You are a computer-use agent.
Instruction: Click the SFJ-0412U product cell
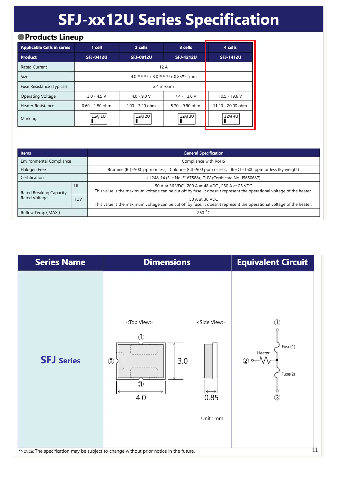coord(97,57)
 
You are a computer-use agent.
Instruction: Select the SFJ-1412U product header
coord(230,57)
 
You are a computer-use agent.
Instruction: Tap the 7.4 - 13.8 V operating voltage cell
coord(186,96)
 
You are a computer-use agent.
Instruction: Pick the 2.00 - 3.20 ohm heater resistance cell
coord(141,106)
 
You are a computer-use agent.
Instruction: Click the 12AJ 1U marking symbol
coord(98,119)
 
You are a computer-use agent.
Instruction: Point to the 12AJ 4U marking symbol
coord(231,119)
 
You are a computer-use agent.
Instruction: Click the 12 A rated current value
coord(163,67)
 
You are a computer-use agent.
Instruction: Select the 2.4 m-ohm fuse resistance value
coord(163,86)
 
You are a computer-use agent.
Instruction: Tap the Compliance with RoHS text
coord(203,161)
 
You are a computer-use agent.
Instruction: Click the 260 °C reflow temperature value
coord(203,213)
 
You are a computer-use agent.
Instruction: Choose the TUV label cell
coord(78,199)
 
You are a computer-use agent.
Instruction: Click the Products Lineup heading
coord(54,37)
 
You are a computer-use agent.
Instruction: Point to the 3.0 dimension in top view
coord(183,361)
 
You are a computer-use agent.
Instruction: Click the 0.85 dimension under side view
coord(211,398)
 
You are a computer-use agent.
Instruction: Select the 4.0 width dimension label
coord(141,398)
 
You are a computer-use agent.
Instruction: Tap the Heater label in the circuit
coord(263,353)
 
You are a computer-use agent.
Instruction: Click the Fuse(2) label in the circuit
coord(288,374)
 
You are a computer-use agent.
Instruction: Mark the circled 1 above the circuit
coord(277,323)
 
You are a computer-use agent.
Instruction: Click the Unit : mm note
coord(212,418)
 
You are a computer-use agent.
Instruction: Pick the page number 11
coord(315,450)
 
